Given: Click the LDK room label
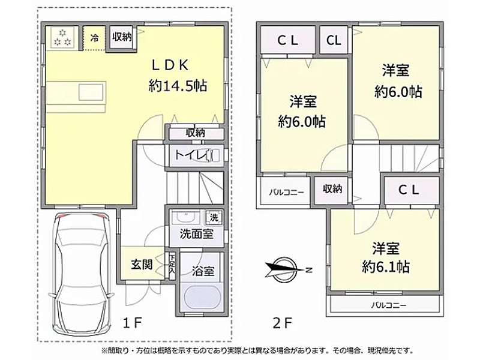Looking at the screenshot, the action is (170, 65).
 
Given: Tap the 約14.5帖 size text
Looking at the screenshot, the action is (178, 86).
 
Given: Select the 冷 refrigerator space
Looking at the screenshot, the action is (95, 38).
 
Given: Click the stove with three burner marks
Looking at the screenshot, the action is (62, 37).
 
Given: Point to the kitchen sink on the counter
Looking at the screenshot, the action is (91, 92).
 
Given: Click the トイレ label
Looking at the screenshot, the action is (192, 155).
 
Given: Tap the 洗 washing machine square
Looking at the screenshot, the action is (214, 217).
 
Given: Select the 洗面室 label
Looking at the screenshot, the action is (197, 234).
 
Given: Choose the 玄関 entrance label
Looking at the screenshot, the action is (142, 264).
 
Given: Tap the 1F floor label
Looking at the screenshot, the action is (132, 323).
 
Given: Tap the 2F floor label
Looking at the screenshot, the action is (282, 323).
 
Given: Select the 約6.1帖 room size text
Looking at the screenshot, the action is (386, 267).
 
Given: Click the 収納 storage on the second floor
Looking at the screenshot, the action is (332, 189).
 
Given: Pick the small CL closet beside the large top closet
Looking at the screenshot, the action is (334, 40).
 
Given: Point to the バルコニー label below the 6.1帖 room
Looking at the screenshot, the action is (389, 305).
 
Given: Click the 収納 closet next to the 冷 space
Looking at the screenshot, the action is (122, 37).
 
